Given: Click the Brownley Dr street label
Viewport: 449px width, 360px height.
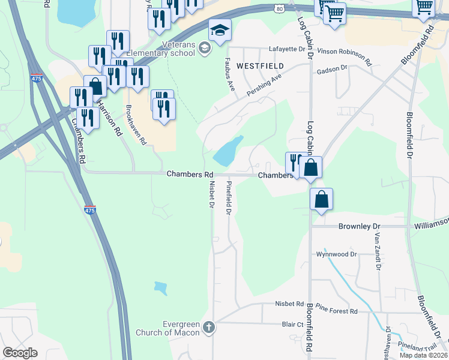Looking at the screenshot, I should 360,226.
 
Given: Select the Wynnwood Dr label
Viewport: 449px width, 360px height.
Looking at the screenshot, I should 337,254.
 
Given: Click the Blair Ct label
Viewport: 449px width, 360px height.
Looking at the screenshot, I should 293,324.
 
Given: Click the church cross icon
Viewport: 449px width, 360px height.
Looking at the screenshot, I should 208,327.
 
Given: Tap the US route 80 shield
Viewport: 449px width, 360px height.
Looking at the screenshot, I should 277,8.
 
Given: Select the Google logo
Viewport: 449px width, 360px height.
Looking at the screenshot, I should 20,352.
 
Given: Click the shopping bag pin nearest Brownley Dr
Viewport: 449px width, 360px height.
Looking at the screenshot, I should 322,199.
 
